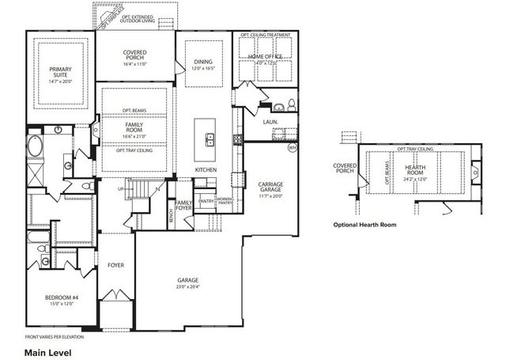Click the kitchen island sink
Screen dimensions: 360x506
(x=210, y=141)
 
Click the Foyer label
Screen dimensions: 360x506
(x=115, y=265)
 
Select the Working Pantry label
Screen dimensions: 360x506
(x=225, y=201)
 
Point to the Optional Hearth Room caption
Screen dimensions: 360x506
(x=365, y=225)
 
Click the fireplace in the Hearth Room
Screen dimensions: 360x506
(x=476, y=169)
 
